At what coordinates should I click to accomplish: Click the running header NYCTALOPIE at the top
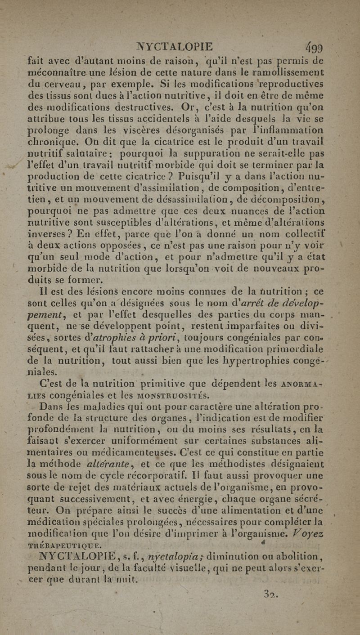point(175,47)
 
